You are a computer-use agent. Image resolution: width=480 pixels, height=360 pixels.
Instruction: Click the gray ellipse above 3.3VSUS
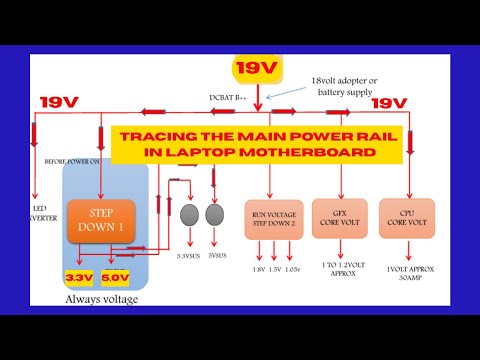[x=190, y=215]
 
